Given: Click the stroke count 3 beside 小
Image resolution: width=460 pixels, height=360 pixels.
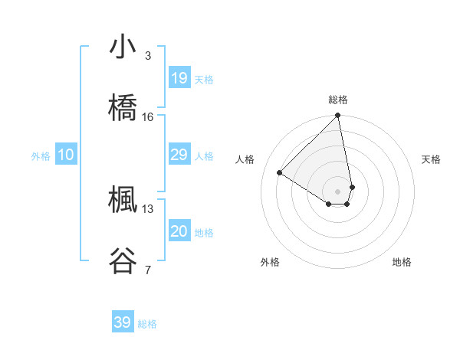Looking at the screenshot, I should [x=147, y=56].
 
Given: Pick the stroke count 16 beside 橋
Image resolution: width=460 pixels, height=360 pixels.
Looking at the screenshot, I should [x=147, y=117].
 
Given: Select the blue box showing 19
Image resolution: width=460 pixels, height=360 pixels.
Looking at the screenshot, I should [x=179, y=78].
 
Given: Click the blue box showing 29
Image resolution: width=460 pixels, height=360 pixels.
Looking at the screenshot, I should [x=179, y=155].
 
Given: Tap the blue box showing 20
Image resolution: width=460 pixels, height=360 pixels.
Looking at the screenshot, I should [x=179, y=231].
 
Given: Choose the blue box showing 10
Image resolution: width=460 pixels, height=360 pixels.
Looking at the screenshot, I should [x=66, y=155].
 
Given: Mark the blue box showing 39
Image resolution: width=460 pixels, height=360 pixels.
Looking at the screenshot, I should [x=122, y=322].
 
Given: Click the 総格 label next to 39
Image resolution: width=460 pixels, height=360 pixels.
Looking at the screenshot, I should [x=147, y=324].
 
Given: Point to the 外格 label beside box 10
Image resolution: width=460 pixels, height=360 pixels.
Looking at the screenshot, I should [x=41, y=156].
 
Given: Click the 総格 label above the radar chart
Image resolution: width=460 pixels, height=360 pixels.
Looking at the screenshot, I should [x=338, y=100].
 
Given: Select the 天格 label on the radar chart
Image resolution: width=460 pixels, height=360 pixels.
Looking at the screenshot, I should [x=431, y=159].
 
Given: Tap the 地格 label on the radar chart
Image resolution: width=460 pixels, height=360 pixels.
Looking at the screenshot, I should [x=402, y=262].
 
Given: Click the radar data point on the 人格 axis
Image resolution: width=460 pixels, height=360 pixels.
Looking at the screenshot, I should [x=280, y=172].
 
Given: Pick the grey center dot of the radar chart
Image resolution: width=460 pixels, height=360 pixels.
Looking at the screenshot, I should [x=338, y=191].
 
